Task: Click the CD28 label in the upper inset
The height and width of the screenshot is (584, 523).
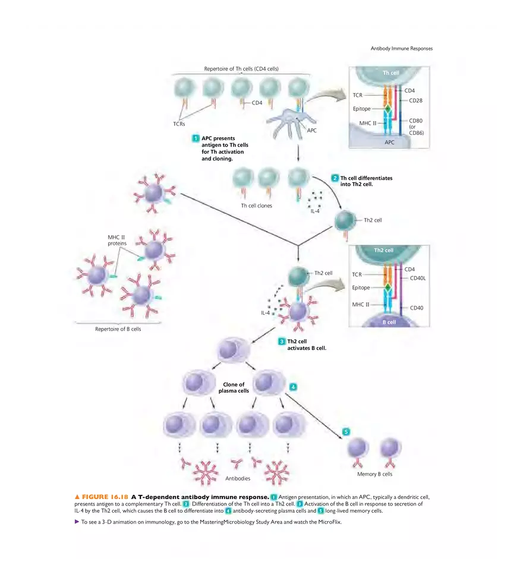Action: click(x=415, y=100)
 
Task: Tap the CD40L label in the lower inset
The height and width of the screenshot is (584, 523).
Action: click(x=418, y=277)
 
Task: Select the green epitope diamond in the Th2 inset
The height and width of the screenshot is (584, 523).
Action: click(x=387, y=288)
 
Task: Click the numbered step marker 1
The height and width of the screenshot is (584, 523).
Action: click(x=195, y=138)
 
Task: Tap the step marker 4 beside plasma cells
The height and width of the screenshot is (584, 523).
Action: click(x=293, y=387)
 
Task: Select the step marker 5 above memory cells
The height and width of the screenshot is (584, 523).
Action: click(x=346, y=431)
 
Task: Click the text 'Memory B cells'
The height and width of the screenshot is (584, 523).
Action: click(x=374, y=474)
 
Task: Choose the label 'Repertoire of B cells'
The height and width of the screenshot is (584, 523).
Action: click(x=118, y=329)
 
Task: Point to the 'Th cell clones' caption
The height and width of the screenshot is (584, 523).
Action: click(x=256, y=206)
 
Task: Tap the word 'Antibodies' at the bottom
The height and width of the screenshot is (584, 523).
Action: click(x=238, y=478)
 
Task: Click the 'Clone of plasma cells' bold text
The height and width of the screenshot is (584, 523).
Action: click(x=234, y=387)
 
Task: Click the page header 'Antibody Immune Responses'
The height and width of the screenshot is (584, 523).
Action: click(x=402, y=49)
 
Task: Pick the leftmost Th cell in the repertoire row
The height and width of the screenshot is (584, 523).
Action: click(x=185, y=89)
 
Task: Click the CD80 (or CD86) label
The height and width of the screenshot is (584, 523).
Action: click(x=416, y=127)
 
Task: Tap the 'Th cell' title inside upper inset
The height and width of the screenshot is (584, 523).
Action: click(x=390, y=72)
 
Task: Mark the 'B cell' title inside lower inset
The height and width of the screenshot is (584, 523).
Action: click(x=389, y=322)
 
